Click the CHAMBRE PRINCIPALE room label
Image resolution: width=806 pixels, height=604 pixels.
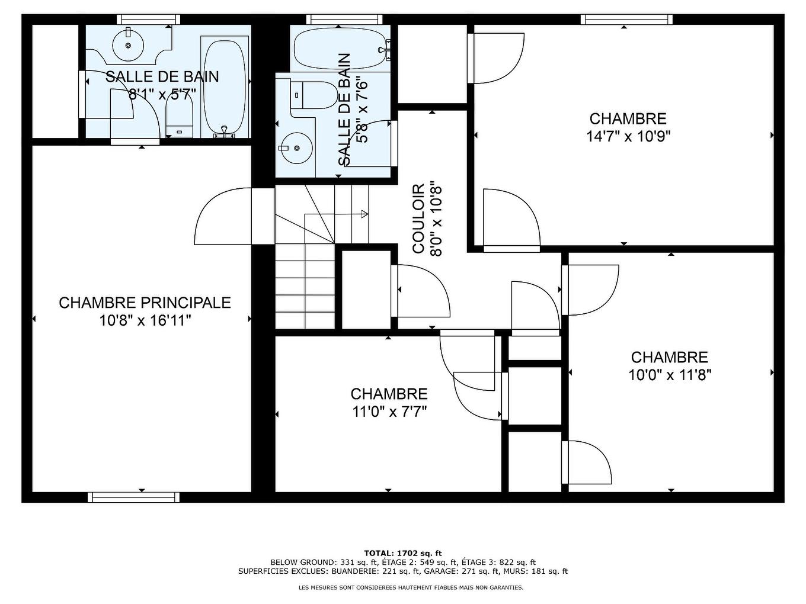145,303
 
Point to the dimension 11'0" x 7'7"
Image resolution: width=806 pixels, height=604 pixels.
389,412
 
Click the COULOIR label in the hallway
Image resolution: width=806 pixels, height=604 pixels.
418,219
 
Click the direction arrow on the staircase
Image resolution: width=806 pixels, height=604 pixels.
363,214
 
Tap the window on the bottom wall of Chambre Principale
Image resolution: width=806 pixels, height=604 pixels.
133,497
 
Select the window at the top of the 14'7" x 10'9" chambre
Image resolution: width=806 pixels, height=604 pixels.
627,20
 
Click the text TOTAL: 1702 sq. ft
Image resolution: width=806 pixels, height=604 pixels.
403,552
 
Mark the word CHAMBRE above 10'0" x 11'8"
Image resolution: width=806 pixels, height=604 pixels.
669,358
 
